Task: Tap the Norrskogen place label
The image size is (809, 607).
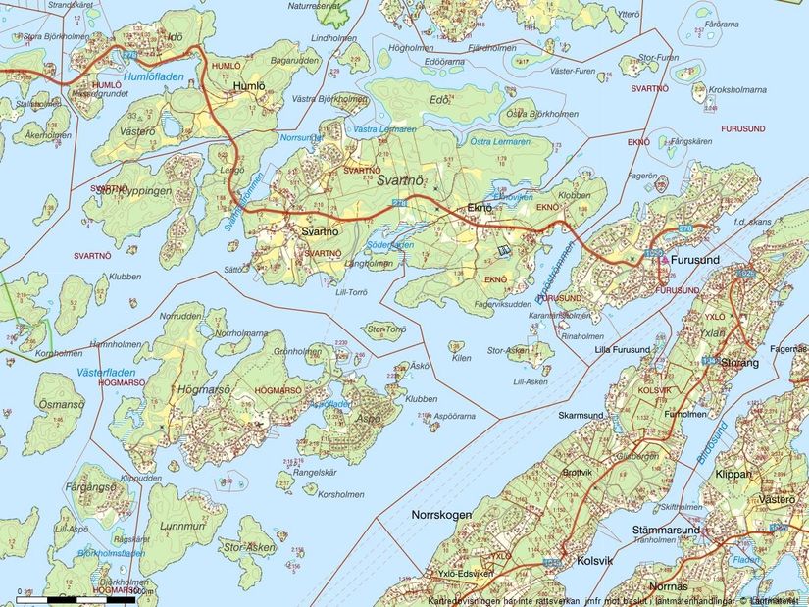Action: (442, 515)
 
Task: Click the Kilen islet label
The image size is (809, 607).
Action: (462, 359)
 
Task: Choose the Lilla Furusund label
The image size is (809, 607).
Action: (623, 350)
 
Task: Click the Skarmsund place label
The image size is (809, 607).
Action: (581, 416)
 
